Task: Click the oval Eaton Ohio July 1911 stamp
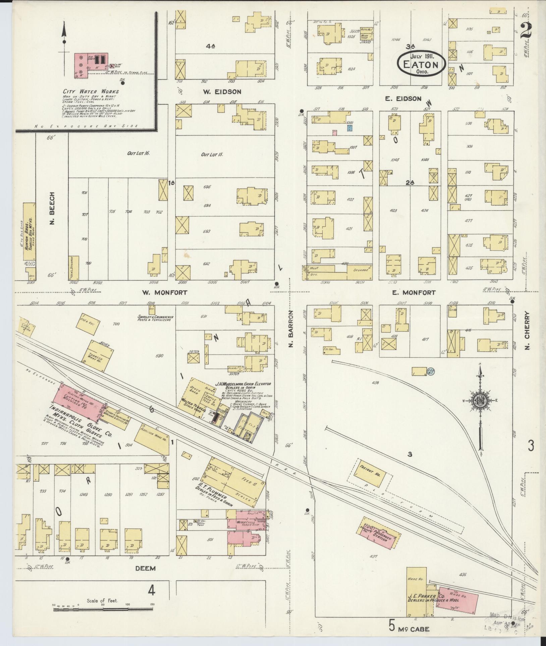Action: pyautogui.click(x=421, y=63)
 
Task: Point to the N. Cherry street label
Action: pyautogui.click(x=527, y=331)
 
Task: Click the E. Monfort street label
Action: pyautogui.click(x=414, y=292)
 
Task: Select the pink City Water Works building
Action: pyautogui.click(x=80, y=64)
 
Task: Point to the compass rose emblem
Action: pyautogui.click(x=480, y=400)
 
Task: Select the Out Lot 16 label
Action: pyautogui.click(x=138, y=153)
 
